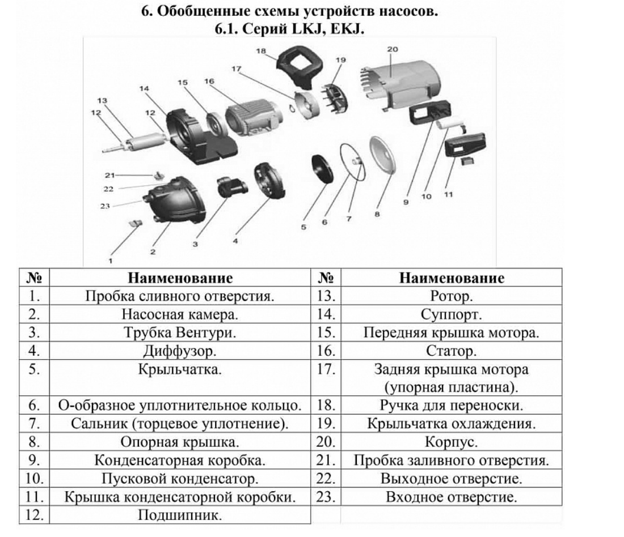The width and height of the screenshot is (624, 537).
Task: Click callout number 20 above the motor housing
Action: (393, 49)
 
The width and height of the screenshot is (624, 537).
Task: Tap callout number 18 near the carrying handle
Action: (261, 51)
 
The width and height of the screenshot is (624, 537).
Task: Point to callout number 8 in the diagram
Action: (377, 214)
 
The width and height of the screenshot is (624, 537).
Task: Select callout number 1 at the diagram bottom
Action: (111, 261)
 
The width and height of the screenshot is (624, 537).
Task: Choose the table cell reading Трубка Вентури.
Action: (180, 333)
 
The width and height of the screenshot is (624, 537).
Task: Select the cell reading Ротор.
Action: (452, 296)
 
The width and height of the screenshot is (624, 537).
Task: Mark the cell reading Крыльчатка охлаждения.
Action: (452, 423)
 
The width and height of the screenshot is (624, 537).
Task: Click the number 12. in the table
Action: (35, 515)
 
